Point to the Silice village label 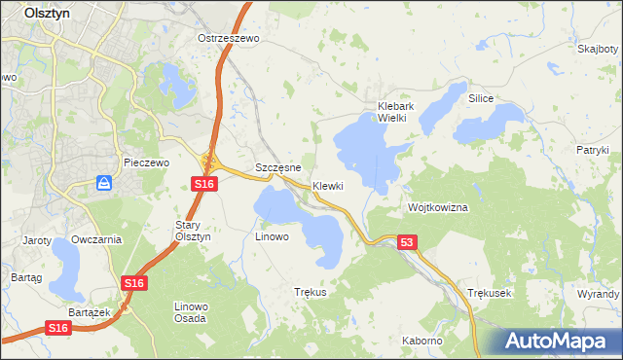pos(481,99)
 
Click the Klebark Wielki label pos(397,112)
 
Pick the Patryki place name pos(591,150)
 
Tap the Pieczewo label pos(147,162)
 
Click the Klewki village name pos(329,186)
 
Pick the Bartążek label pos(87,311)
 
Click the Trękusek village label pos(489,292)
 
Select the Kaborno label pos(422,341)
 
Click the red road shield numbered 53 pos(407,242)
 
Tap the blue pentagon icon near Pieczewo pos(104,183)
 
